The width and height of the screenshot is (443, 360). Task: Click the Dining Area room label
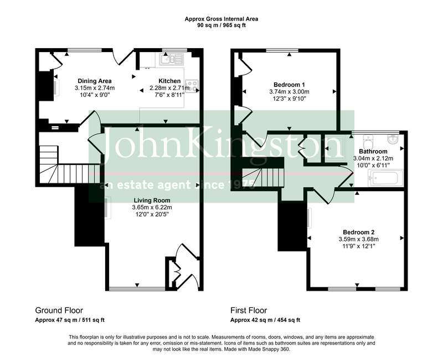click(x=95, y=81)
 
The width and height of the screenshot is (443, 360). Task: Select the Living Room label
click(x=152, y=200)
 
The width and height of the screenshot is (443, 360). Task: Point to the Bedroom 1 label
click(x=289, y=85)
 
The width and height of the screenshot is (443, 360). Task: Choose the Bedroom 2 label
click(x=359, y=232)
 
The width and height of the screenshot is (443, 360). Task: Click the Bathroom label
click(x=373, y=151)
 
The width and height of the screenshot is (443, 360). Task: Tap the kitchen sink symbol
click(x=172, y=59)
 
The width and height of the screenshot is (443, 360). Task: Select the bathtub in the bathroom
click(x=385, y=178)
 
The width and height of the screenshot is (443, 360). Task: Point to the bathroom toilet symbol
click(x=368, y=140)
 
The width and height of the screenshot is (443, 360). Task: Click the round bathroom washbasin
click(x=394, y=139)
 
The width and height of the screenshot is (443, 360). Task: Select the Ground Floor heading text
click(x=59, y=310)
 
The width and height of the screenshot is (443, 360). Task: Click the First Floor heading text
click(x=249, y=310)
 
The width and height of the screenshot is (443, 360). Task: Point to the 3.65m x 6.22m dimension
click(x=152, y=207)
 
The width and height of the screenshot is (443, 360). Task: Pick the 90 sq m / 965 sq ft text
click(x=221, y=25)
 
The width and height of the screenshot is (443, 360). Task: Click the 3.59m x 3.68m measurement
click(x=359, y=239)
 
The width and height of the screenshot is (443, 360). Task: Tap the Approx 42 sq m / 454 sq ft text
click(x=265, y=320)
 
